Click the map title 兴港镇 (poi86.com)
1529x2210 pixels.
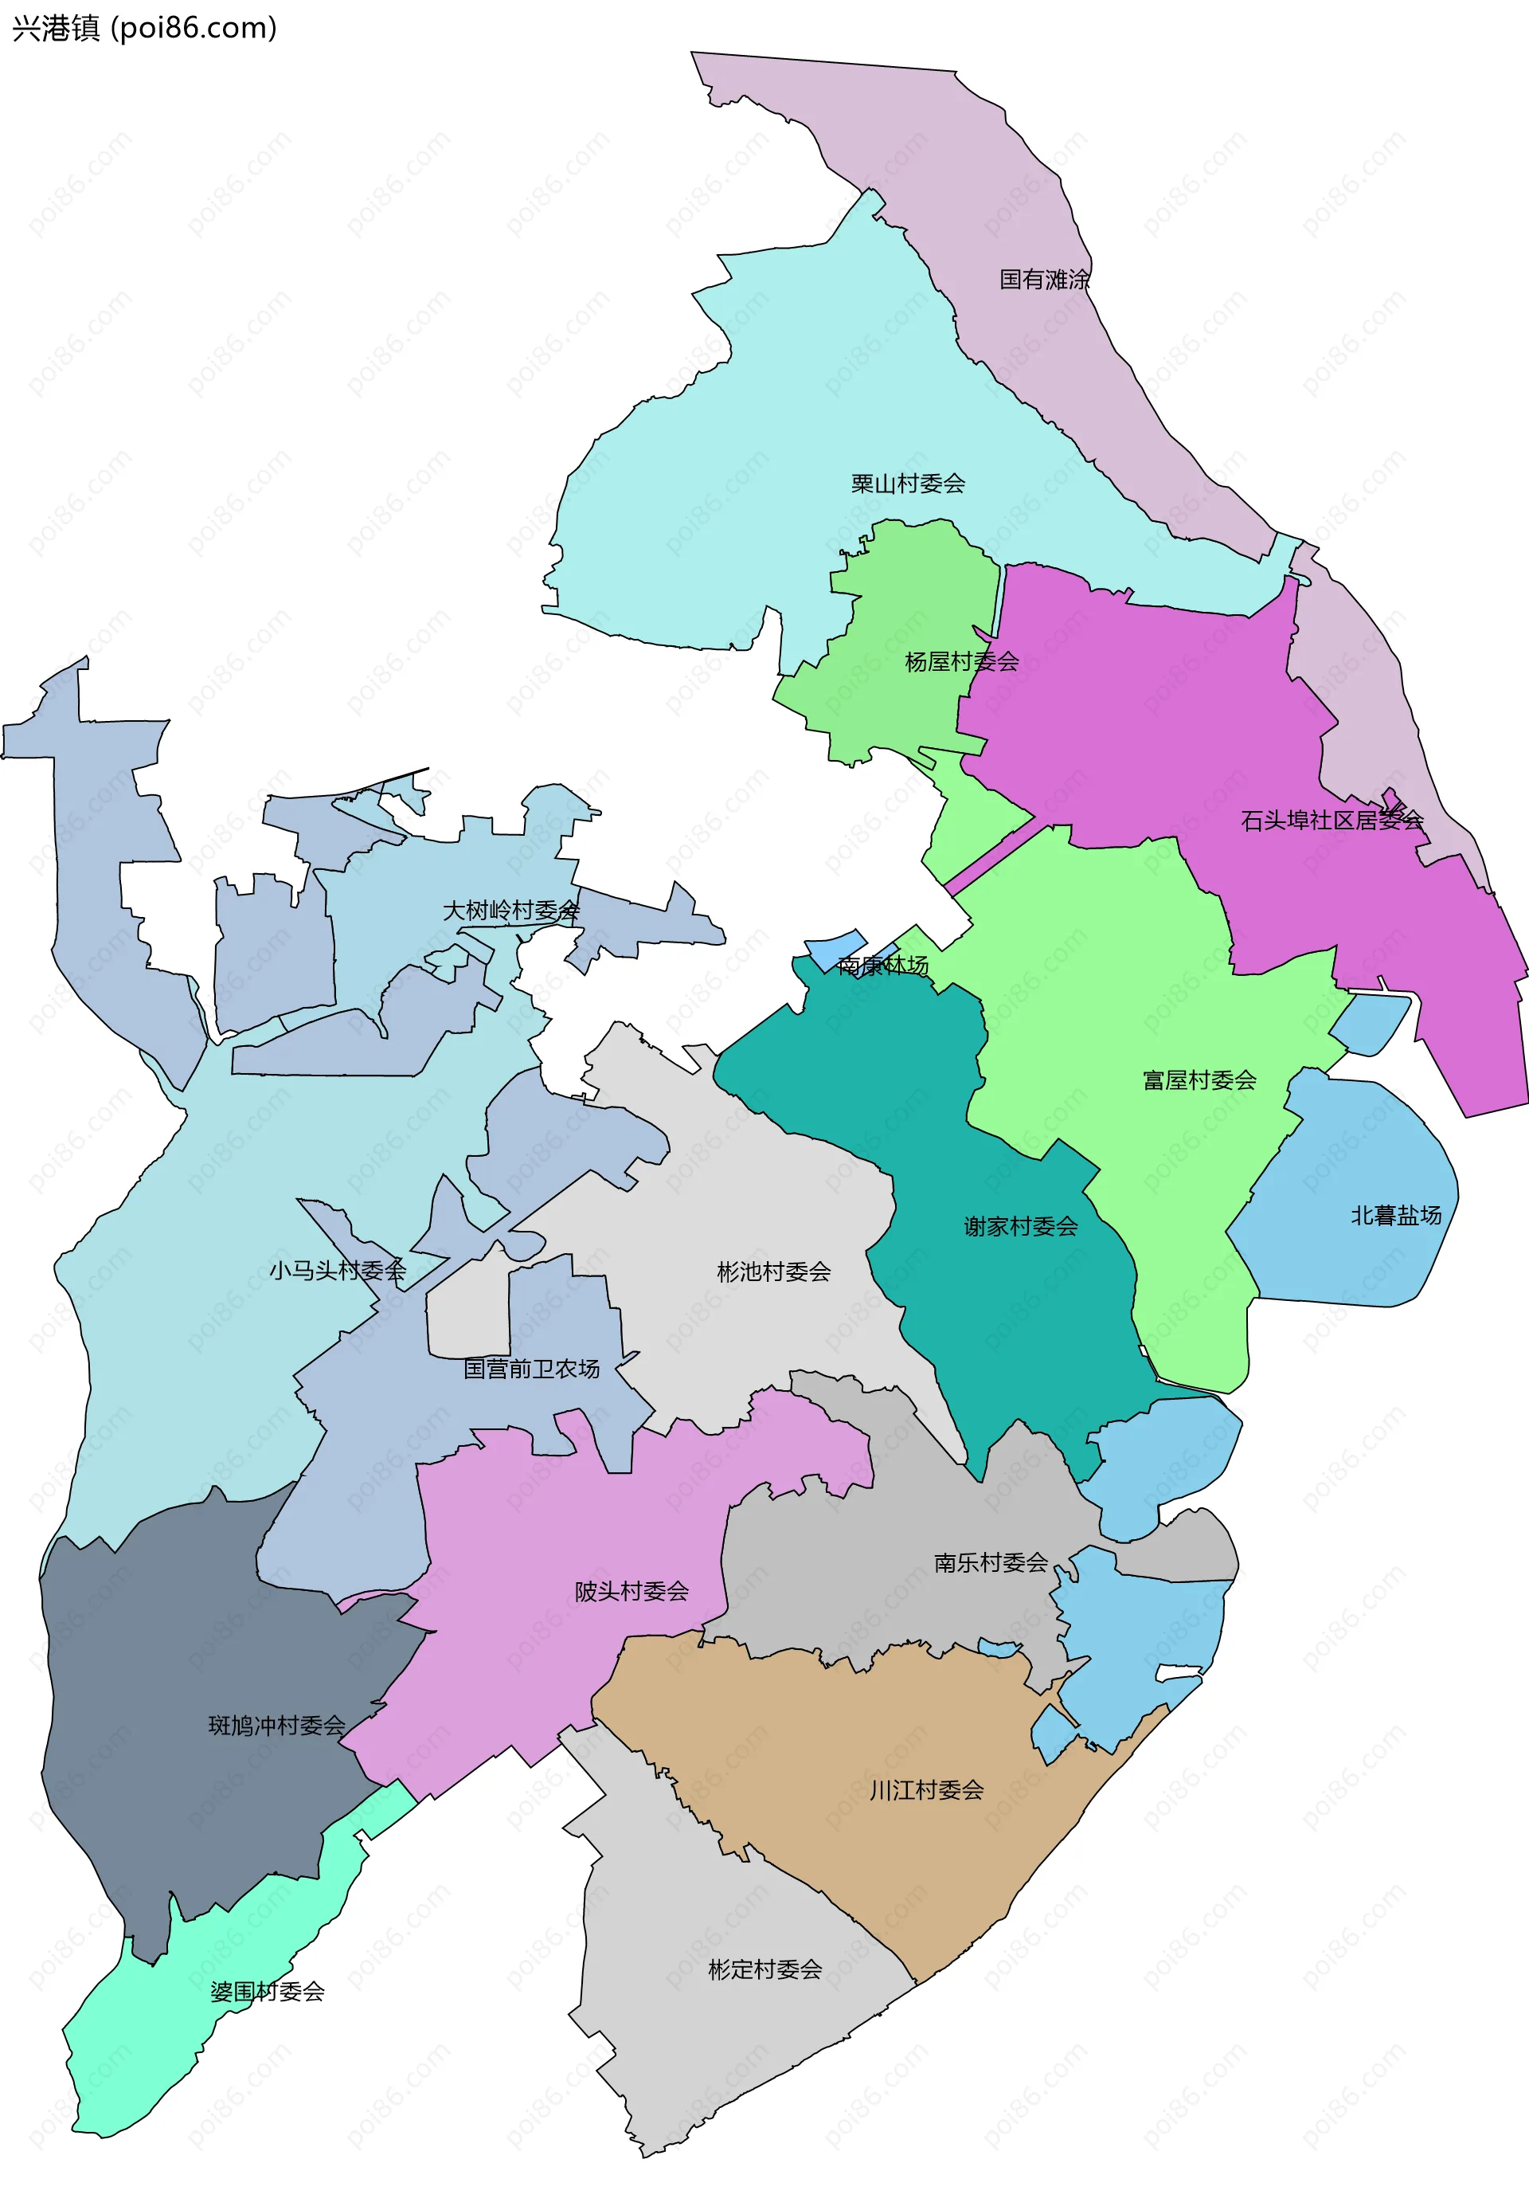pyautogui.click(x=143, y=28)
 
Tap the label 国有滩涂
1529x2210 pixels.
pyautogui.click(x=1044, y=279)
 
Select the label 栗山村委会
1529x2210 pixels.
pyautogui.click(x=907, y=483)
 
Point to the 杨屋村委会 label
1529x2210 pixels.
pyautogui.click(x=961, y=661)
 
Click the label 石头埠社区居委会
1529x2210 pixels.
pyautogui.click(x=1332, y=821)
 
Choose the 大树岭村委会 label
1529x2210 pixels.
pyautogui.click(x=510, y=910)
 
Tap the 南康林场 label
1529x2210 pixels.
pyautogui.click(x=882, y=966)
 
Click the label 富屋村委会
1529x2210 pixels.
pyautogui.click(x=1199, y=1080)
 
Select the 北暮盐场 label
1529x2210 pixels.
pyautogui.click(x=1395, y=1215)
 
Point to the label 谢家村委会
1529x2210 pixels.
pyautogui.click(x=1020, y=1226)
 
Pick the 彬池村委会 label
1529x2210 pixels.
pyautogui.click(x=773, y=1272)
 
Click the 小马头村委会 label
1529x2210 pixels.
pyautogui.click(x=337, y=1271)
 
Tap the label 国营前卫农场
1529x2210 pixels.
pyautogui.click(x=532, y=1369)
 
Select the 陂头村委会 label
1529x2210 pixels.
pyautogui.click(x=632, y=1591)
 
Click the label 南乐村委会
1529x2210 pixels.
pyautogui.click(x=991, y=1562)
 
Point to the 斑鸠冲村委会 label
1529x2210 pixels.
pyautogui.click(x=277, y=1725)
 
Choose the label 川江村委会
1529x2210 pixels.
pyautogui.click(x=926, y=1789)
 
